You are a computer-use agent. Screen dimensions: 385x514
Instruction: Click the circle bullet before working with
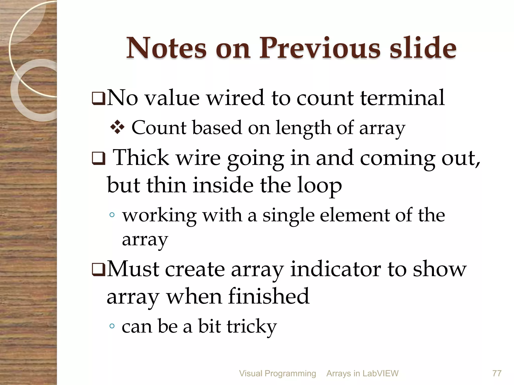tap(112, 215)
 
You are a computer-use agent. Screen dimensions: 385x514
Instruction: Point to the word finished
tap(269, 296)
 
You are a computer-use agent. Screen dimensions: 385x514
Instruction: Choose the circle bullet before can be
tap(112, 326)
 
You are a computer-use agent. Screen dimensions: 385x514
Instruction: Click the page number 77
tap(497, 373)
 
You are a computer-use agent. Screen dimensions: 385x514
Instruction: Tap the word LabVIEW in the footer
tap(380, 373)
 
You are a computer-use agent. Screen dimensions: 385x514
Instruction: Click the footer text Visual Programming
tap(277, 373)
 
